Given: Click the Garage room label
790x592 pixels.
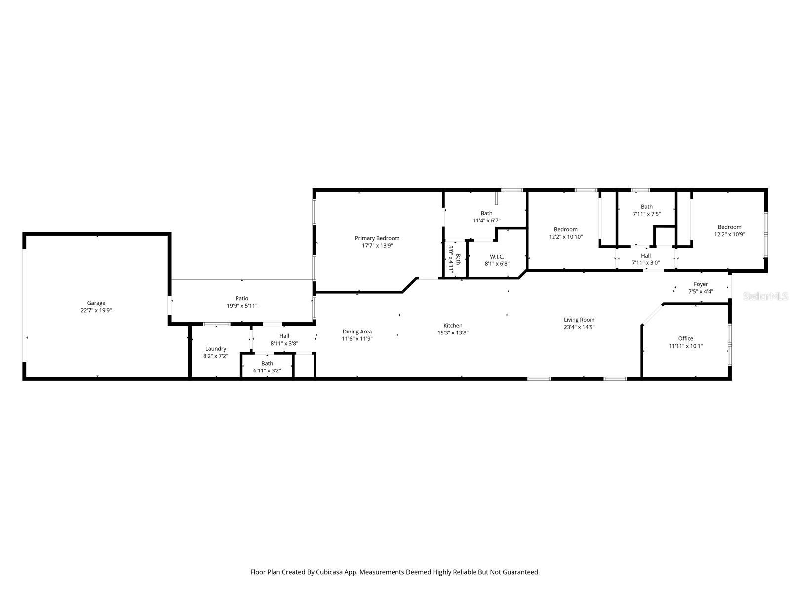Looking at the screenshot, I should (96, 303).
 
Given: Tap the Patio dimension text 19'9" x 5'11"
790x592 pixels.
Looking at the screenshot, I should (242, 306).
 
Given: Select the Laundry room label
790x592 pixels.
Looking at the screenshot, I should (216, 349).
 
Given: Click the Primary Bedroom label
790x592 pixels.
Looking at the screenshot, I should (377, 238).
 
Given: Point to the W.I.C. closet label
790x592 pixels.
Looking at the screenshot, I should (497, 257).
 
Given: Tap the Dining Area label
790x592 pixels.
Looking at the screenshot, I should (357, 332).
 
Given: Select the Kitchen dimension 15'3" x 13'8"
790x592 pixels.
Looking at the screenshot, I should (453, 333).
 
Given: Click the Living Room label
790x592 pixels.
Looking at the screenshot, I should (579, 320).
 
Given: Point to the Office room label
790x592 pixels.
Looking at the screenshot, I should (685, 338).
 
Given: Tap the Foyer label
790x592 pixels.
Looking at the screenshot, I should (701, 284).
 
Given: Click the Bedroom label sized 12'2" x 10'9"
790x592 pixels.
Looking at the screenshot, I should (729, 227).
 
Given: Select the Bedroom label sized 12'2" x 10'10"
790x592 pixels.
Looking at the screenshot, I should (565, 229).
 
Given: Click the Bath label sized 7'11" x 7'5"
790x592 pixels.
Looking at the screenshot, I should (647, 207).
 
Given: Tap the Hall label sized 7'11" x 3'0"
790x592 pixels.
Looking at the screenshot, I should (646, 256).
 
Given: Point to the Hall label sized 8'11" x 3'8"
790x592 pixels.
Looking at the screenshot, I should (284, 336).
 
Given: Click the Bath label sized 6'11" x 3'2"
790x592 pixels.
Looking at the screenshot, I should (267, 364).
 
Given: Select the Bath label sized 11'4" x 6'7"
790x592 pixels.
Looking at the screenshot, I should (486, 213).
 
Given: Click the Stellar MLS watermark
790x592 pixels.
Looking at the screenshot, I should (765, 296).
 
